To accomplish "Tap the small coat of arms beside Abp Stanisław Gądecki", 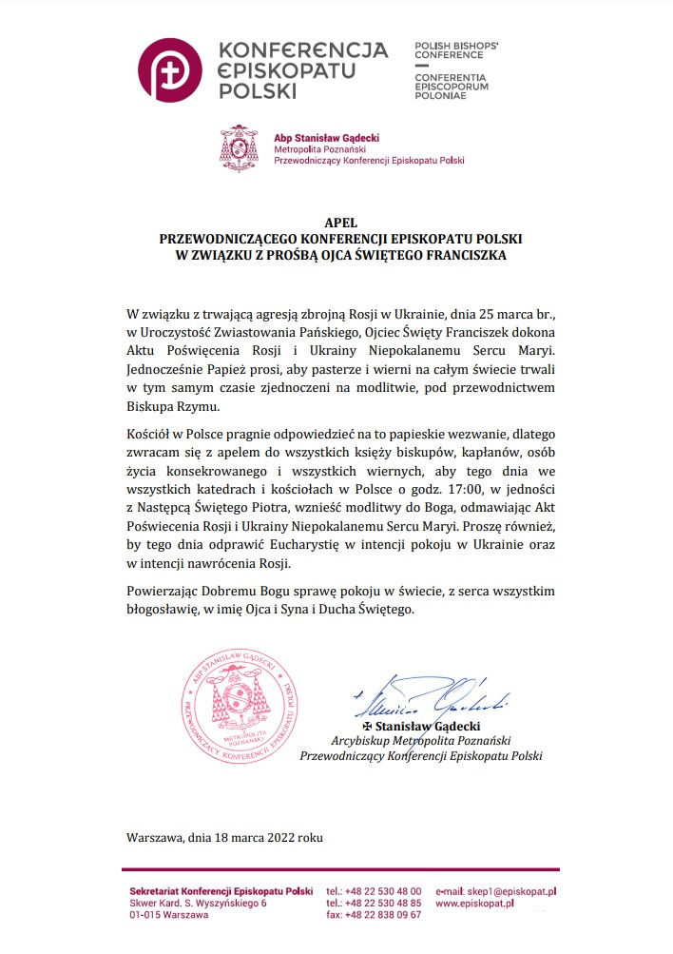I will pyautogui.click(x=239, y=147).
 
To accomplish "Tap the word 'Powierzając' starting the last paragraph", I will pyautogui.click(x=161, y=592).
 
